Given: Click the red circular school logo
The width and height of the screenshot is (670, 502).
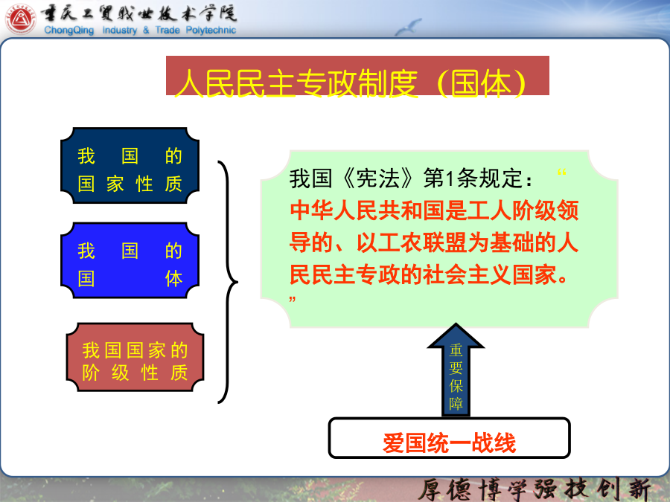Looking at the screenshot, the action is (x=21, y=19).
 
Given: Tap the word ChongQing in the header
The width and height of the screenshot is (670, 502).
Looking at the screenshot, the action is (x=68, y=30).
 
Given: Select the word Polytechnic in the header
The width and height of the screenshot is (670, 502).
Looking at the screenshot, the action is (x=211, y=30).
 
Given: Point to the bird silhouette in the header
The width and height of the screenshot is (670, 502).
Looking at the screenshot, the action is (x=408, y=27).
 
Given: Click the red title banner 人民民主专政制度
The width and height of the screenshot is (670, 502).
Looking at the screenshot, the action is (x=357, y=76).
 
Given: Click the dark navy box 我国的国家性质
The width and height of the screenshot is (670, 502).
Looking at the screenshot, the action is (x=130, y=165).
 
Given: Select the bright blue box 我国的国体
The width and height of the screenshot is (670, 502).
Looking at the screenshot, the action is (x=130, y=260).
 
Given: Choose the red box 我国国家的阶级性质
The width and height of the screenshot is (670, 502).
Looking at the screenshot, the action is (x=135, y=357).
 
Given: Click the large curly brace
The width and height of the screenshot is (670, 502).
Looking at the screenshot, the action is (x=228, y=282).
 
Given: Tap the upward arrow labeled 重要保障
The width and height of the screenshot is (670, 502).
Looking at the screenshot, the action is (x=456, y=370).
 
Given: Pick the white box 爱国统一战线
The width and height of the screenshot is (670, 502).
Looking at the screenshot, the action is (x=449, y=438).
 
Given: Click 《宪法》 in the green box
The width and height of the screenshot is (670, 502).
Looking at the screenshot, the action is (x=378, y=178).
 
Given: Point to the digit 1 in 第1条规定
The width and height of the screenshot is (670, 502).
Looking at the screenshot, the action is (x=449, y=178).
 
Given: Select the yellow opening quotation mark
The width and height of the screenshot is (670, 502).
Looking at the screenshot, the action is (x=561, y=172).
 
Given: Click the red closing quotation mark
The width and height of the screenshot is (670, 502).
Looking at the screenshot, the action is (x=293, y=299).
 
